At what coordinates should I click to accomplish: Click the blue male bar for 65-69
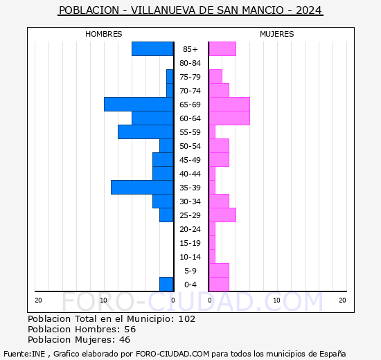tap(139, 104)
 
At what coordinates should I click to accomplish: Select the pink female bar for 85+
tap(222, 48)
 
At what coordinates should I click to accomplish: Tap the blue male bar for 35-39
tap(142, 187)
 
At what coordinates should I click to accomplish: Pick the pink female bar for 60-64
tap(229, 118)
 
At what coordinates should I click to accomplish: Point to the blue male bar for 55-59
tap(145, 132)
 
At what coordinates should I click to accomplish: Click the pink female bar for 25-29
tap(222, 215)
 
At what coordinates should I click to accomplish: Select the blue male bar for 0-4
tap(166, 284)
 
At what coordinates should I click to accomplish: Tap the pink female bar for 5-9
tap(218, 270)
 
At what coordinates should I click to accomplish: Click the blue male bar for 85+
tap(152, 48)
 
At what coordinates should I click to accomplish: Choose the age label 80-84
tap(190, 63)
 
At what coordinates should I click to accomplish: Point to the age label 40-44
tap(190, 174)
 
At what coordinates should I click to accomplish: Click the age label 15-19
tap(190, 243)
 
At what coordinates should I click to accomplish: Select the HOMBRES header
tap(103, 34)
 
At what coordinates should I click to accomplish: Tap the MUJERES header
tap(276, 34)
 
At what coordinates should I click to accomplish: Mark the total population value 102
tap(186, 319)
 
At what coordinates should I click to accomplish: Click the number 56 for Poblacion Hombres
tap(130, 330)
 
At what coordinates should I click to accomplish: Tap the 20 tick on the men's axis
tap(38, 300)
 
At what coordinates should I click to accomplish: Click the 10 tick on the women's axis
tap(276, 300)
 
